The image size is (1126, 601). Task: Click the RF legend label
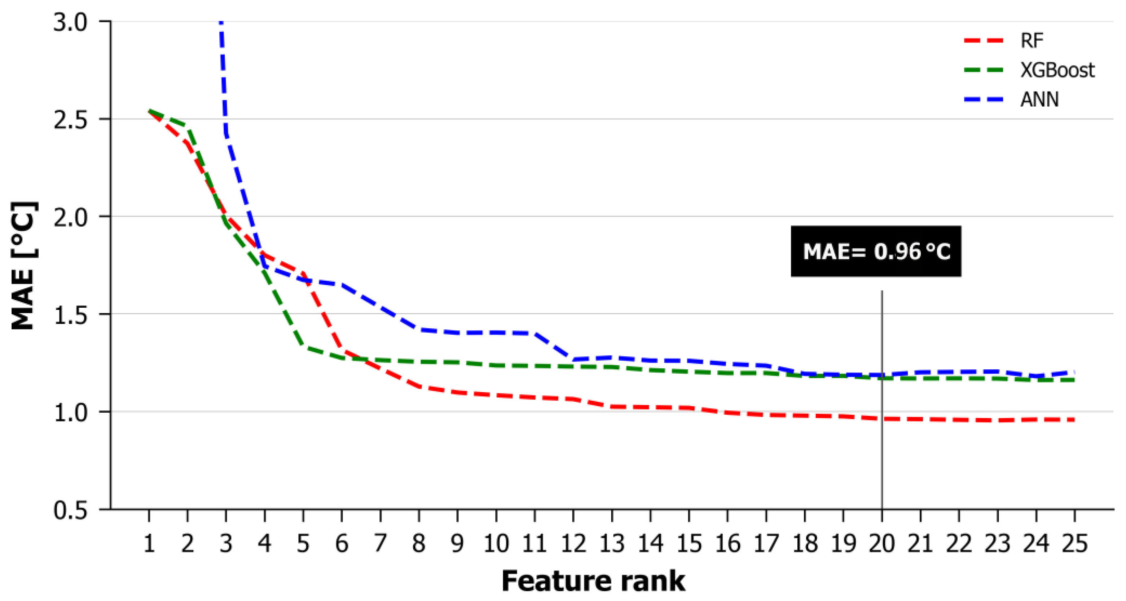click(1032, 41)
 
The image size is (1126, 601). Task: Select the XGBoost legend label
click(1057, 70)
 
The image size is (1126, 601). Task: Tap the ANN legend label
click(1039, 99)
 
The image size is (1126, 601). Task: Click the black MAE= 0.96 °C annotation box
click(876, 251)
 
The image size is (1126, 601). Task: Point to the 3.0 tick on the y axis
click(70, 22)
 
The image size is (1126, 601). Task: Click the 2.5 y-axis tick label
click(70, 119)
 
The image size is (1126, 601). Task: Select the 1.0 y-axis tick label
click(70, 412)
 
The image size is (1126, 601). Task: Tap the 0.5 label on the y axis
click(70, 509)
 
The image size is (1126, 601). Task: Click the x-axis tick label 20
click(882, 543)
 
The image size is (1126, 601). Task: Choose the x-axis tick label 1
click(149, 543)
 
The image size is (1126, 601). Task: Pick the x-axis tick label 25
click(1074, 543)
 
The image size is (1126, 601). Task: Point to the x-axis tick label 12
click(573, 543)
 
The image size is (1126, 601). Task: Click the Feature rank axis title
click(593, 581)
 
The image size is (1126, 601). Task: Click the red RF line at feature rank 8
click(419, 386)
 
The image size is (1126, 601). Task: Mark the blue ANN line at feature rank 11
click(535, 333)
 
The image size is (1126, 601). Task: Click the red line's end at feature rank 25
click(1074, 420)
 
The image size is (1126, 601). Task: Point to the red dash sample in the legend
click(984, 41)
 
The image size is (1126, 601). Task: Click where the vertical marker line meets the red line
click(882, 419)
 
